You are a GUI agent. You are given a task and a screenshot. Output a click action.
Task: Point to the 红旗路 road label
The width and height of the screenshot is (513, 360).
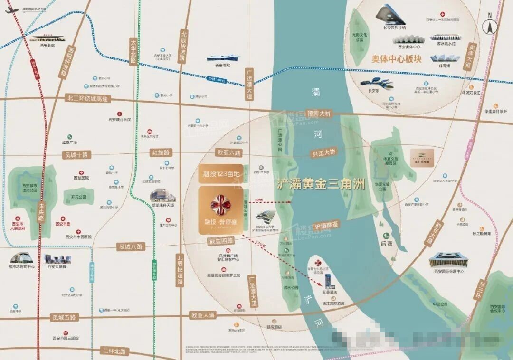161,153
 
